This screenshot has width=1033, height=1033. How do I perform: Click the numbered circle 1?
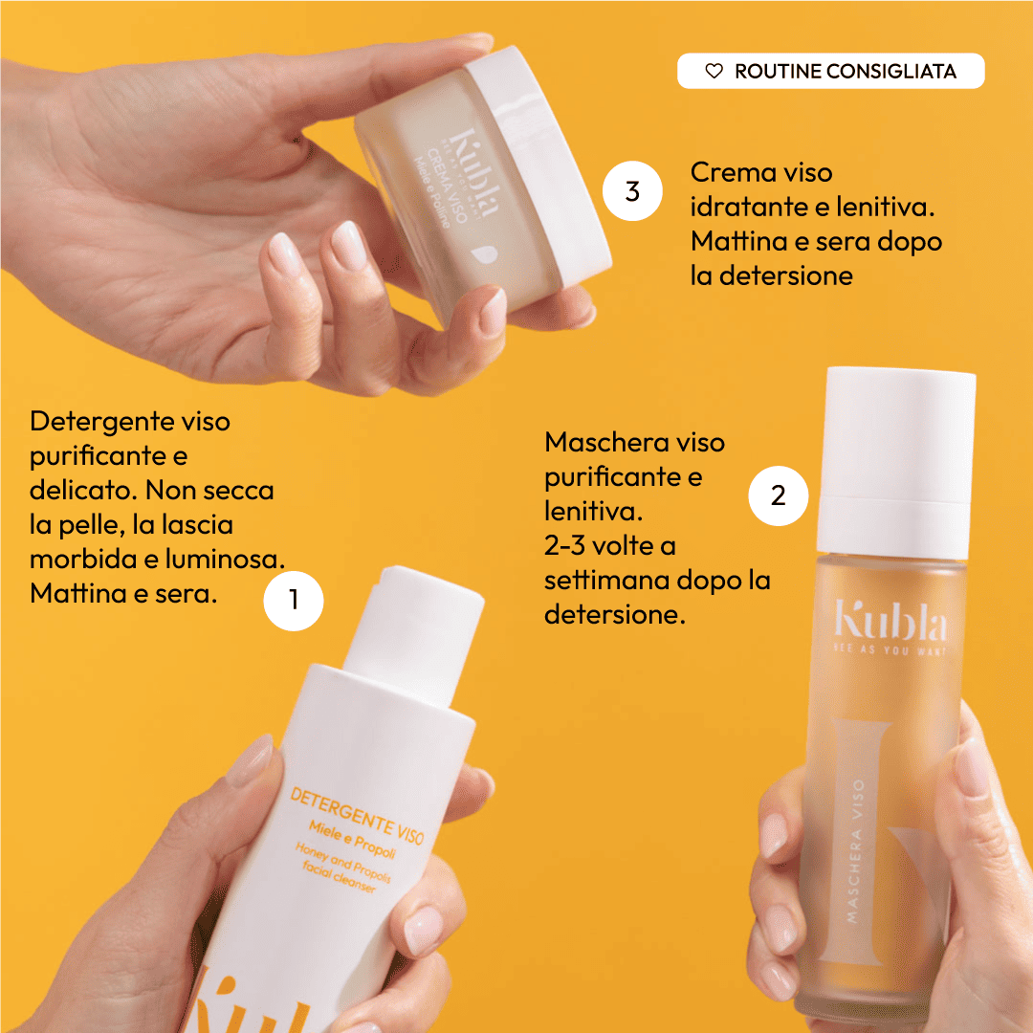point(294,601)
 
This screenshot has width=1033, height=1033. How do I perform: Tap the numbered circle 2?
point(779,495)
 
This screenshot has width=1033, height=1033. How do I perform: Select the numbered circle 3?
point(632,191)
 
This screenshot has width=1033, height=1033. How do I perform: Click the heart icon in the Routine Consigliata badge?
point(714,71)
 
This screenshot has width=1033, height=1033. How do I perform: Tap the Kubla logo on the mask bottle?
point(890,624)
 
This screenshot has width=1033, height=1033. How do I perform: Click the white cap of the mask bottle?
point(897,450)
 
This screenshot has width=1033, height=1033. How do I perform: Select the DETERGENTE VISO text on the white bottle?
point(357,812)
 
